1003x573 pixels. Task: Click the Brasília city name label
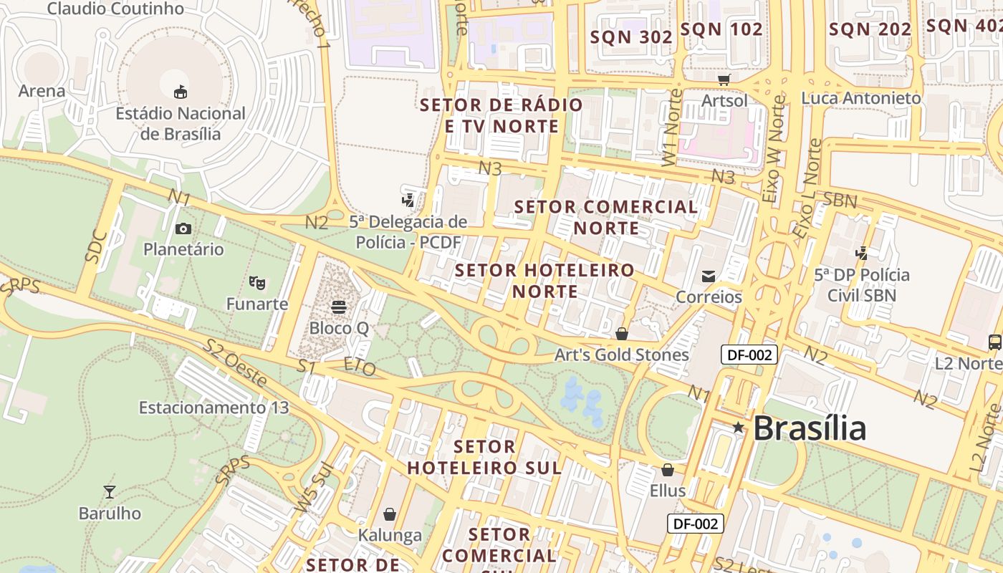810,428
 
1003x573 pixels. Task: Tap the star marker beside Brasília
738,428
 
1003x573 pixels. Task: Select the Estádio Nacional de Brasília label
181,123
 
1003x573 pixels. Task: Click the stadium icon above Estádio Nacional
181,92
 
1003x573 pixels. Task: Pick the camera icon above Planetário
183,228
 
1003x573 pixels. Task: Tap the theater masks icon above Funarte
257,282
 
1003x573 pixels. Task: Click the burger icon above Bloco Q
339,307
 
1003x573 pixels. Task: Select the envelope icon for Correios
709,276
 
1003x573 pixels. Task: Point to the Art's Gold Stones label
622,355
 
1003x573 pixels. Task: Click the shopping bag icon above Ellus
668,470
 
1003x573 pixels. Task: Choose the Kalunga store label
390,535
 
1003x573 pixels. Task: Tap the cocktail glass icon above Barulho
110,491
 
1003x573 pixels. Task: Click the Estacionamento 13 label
213,408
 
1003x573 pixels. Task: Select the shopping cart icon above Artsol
724,79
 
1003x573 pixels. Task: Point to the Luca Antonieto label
861,98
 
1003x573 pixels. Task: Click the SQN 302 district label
631,37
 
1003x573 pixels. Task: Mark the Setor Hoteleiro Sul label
484,457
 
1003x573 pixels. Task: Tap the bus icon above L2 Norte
995,342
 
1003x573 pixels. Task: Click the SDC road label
96,247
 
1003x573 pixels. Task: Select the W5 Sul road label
315,487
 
